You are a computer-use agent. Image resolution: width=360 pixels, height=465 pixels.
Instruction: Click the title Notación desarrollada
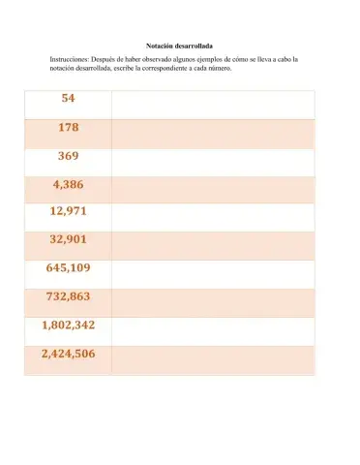click(179, 46)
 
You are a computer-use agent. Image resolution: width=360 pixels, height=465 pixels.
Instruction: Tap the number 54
click(68, 99)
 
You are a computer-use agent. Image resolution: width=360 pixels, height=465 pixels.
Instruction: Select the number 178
click(68, 127)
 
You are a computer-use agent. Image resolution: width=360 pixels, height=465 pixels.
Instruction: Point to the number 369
click(68, 155)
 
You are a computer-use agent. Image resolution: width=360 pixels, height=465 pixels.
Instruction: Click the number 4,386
click(68, 183)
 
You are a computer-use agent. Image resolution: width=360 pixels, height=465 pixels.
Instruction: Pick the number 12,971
click(68, 211)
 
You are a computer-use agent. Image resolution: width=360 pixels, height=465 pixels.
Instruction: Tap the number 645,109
click(68, 268)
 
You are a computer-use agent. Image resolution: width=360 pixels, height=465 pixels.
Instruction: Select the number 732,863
click(68, 297)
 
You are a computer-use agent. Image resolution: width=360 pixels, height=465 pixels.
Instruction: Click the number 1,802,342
click(68, 325)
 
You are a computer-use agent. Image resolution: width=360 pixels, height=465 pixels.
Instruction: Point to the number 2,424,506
click(68, 355)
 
